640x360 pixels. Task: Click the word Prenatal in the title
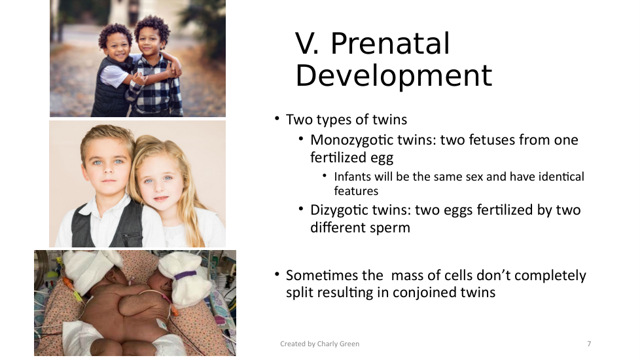click(x=390, y=43)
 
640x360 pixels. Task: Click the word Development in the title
click(x=394, y=75)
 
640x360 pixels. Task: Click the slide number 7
click(x=589, y=344)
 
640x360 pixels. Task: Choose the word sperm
click(x=391, y=228)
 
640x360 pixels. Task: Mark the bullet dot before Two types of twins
click(x=277, y=118)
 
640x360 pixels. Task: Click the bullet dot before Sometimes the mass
click(x=277, y=274)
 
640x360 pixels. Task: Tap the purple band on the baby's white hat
click(x=186, y=275)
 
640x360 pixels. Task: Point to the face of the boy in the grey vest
click(x=107, y=162)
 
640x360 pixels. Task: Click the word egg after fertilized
click(x=382, y=158)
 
